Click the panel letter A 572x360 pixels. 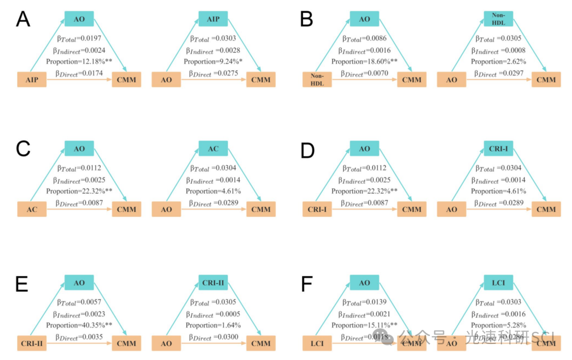23,19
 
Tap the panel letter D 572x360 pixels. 308,150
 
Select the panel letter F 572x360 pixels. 307,284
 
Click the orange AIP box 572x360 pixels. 32,79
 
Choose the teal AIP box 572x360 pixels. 213,19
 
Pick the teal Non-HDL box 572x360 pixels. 498,19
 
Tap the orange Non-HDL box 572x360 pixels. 317,80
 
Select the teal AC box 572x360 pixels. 213,149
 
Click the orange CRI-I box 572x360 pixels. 317,209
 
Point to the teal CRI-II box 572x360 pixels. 213,283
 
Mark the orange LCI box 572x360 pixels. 317,343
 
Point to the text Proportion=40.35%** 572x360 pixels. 79,325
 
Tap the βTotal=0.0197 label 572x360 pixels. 79,39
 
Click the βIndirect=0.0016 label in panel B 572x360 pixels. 365,51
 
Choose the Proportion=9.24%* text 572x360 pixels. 213,62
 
